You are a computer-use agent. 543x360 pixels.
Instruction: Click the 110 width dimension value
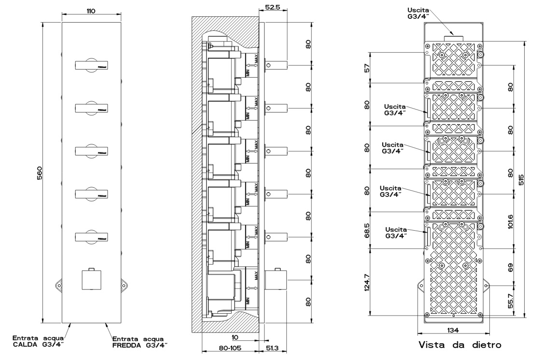point(91,11)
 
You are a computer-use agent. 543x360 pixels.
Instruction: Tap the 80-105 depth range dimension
point(230,347)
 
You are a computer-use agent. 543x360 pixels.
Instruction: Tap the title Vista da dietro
point(459,345)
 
